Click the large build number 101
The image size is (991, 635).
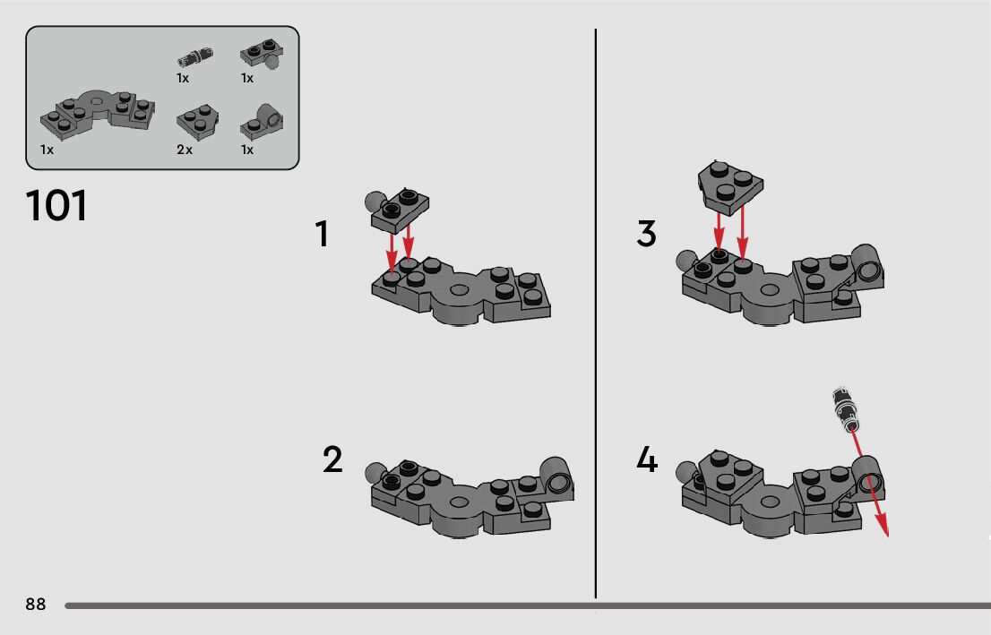pos(56,205)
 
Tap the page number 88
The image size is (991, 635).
pos(36,604)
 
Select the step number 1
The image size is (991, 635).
pos(322,233)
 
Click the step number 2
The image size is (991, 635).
pos(332,459)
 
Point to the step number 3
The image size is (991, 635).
pos(647,233)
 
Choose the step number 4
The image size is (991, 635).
pos(647,459)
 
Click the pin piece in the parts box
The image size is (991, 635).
pos(194,57)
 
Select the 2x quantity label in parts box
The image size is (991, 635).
pos(185,150)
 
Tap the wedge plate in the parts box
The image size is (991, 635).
pos(197,121)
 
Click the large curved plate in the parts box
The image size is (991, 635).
pos(97,114)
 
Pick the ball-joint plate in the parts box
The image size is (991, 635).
pos(261,55)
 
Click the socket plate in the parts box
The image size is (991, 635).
pos(262,123)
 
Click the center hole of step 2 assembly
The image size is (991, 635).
pos(460,502)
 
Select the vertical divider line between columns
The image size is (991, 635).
pos(595,313)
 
